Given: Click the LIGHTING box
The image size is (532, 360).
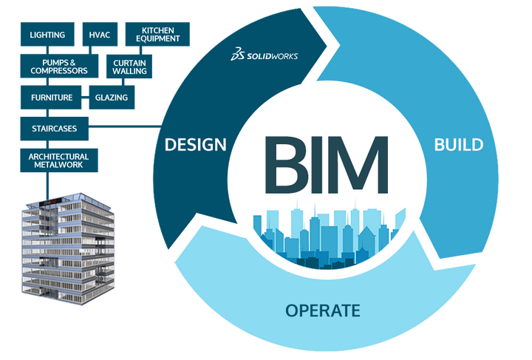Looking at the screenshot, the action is click(47, 34).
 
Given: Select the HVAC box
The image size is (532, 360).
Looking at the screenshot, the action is click(100, 34).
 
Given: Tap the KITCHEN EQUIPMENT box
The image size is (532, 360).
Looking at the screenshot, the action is click(157, 34).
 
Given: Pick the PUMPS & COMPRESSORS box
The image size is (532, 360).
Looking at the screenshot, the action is click(59, 67).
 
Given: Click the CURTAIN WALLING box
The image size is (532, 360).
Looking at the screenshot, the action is click(129, 67).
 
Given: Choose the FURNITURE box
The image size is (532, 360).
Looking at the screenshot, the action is click(51, 98).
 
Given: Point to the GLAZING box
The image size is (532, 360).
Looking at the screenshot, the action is click(112, 98).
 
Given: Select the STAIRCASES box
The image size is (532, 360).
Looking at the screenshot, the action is click(54, 129).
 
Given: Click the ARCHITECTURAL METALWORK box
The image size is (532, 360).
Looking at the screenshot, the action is click(59, 160).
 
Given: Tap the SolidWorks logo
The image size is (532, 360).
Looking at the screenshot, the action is click(265, 55).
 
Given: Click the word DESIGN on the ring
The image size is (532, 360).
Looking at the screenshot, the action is click(195, 145).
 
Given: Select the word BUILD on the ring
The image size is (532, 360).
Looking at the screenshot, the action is click(459, 145).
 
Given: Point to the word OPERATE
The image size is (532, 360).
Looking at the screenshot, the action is click(323, 310).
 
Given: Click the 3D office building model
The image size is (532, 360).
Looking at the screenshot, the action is click(68, 248).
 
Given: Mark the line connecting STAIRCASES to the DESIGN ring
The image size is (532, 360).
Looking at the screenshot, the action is click(125, 127).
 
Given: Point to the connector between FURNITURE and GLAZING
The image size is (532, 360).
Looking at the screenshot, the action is click(85, 98).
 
